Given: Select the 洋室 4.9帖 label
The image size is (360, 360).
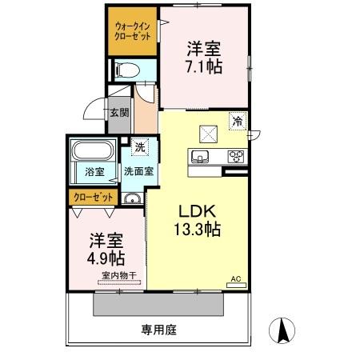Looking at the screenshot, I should (x=106, y=248).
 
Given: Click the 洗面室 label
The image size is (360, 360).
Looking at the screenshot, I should (x=138, y=171).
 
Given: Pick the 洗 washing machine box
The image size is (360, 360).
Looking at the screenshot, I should (x=140, y=146).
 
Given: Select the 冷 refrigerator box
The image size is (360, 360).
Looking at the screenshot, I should (x=238, y=122).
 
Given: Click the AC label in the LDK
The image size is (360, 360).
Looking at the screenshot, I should (x=235, y=279).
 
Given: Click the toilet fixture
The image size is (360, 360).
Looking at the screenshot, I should (x=127, y=70).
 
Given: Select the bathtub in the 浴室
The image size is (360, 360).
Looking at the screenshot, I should (x=94, y=151).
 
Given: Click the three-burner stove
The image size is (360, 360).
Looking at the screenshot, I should (x=237, y=156).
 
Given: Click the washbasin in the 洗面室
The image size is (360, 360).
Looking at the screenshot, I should (x=132, y=198).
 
